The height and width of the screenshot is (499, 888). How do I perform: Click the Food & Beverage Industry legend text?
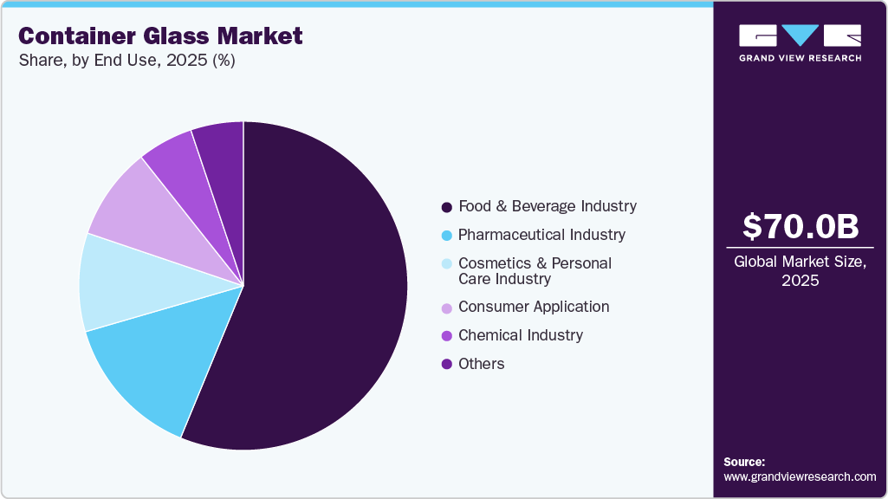pyautogui.click(x=547, y=206)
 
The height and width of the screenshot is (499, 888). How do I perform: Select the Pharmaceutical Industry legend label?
pyautogui.click(x=541, y=235)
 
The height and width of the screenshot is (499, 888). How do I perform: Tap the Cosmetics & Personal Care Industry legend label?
pyautogui.click(x=535, y=270)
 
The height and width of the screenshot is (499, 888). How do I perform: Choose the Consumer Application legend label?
pyautogui.click(x=534, y=307)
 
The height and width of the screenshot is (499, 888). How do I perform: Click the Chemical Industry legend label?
pyautogui.click(x=521, y=335)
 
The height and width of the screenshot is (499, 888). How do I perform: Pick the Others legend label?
pyautogui.click(x=481, y=364)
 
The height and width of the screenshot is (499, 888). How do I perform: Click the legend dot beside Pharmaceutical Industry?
pyautogui.click(x=446, y=236)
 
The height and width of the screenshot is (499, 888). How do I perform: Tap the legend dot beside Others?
pyautogui.click(x=446, y=365)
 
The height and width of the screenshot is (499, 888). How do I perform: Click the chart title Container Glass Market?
pyautogui.click(x=160, y=36)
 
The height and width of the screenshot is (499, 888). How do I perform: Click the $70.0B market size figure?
pyautogui.click(x=800, y=227)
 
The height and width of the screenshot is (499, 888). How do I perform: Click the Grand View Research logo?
pyautogui.click(x=800, y=42)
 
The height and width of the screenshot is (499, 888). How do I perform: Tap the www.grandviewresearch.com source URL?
pyautogui.click(x=800, y=476)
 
